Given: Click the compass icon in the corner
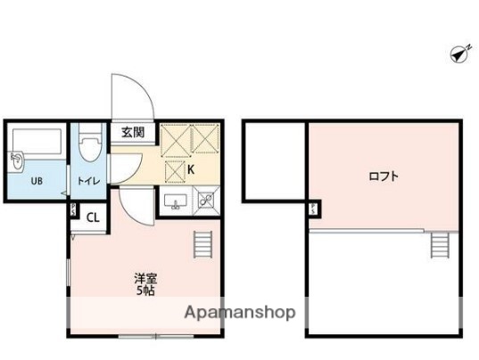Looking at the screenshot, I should [459, 54].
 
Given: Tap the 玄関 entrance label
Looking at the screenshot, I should [132, 133].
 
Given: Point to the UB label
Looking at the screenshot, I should [37, 183].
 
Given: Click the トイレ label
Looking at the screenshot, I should [87, 183].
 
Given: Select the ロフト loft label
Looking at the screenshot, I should [384, 176].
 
